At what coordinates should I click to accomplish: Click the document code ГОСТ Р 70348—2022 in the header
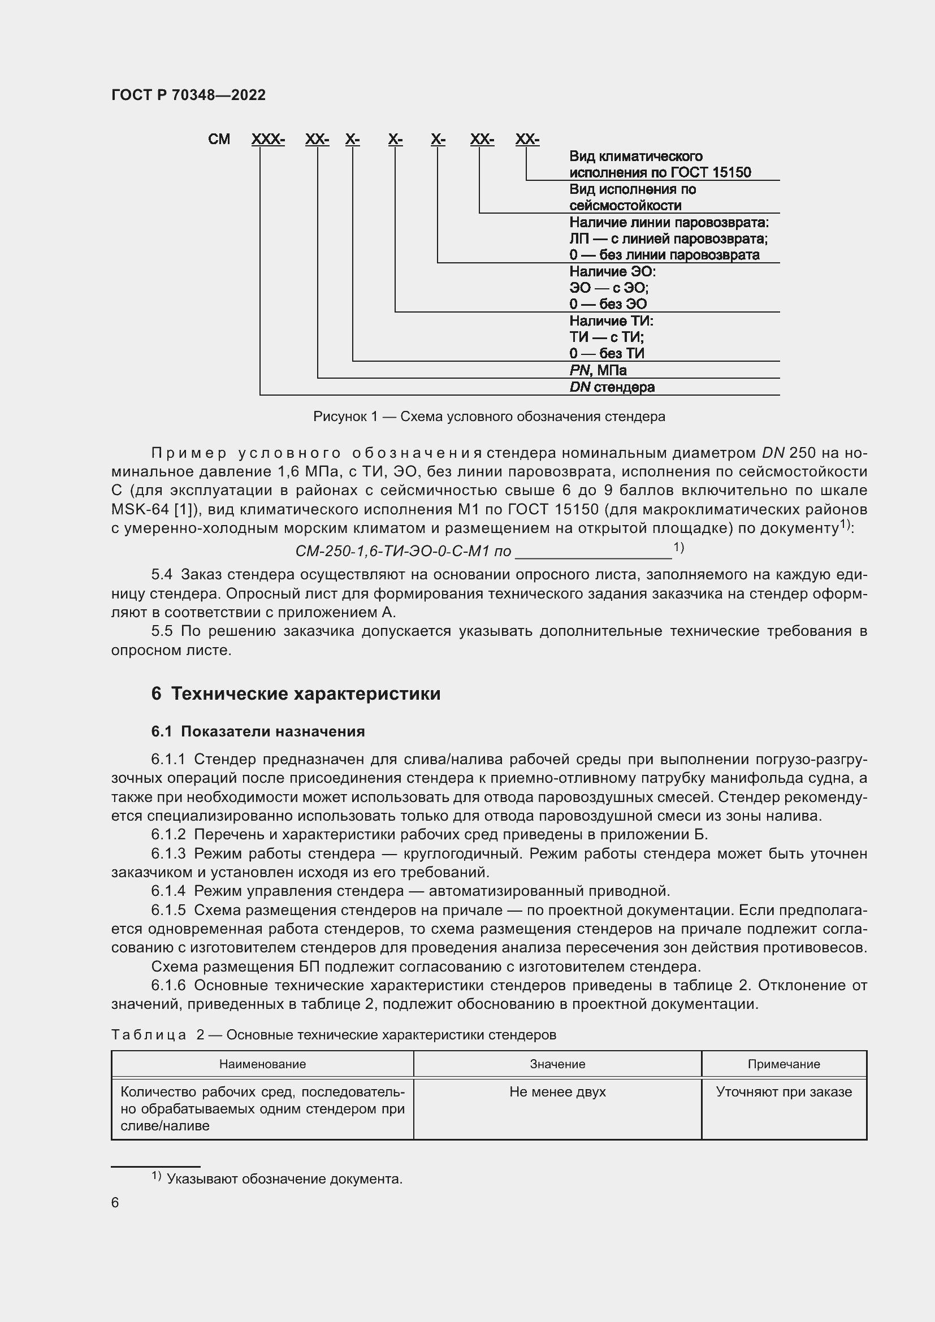coord(188,95)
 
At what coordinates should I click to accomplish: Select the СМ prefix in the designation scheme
coord(219,140)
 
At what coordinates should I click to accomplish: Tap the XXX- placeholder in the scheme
coord(268,140)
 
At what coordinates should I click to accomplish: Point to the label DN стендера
coord(612,387)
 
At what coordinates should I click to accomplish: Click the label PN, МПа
coord(598,370)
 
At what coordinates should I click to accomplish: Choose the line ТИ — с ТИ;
coord(606,337)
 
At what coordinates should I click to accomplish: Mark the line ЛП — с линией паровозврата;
coord(668,239)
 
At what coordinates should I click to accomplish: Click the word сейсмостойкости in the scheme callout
coord(625,206)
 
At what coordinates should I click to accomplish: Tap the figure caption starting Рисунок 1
coord(489,417)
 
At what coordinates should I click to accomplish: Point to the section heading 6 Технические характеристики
coord(296,693)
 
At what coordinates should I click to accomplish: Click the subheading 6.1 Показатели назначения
coord(258,731)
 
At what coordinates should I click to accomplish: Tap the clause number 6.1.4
coord(168,891)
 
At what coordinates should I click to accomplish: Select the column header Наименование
coord(262,1064)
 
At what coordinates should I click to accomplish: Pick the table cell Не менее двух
coord(557,1092)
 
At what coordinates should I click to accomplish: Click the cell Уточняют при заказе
coord(783,1092)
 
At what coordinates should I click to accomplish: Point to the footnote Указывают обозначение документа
coord(284,1179)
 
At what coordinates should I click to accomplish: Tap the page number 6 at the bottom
coord(115,1202)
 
